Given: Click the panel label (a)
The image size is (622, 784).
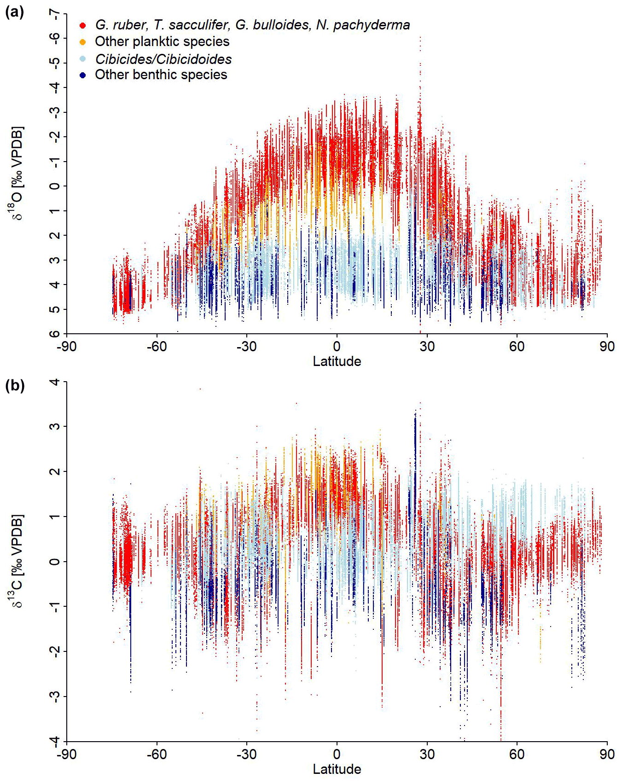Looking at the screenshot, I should [x=14, y=12].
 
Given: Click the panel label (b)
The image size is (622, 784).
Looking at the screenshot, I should [x=14, y=385].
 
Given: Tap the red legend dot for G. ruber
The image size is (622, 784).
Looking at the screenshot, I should [x=83, y=25].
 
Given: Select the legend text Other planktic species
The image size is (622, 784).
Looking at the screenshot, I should [x=162, y=41].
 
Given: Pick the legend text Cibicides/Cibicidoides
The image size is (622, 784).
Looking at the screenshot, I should [x=163, y=59].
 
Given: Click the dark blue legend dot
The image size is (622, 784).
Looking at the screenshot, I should [x=83, y=75].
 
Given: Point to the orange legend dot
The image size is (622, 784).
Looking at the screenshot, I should [x=83, y=42].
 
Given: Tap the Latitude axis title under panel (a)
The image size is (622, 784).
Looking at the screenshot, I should [x=337, y=361].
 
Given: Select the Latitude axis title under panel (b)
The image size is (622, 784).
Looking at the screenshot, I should [x=337, y=769].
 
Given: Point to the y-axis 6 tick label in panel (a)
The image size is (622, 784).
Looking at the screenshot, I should [x=55, y=333].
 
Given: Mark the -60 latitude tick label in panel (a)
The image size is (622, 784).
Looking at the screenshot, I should [x=157, y=347].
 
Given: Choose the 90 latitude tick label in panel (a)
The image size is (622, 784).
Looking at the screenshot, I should [x=607, y=347].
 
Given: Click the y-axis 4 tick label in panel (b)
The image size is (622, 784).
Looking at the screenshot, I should [x=55, y=382].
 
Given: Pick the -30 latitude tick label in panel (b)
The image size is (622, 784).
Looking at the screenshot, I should [x=246, y=754].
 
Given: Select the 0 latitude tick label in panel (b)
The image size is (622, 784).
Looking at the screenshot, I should [x=337, y=754].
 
